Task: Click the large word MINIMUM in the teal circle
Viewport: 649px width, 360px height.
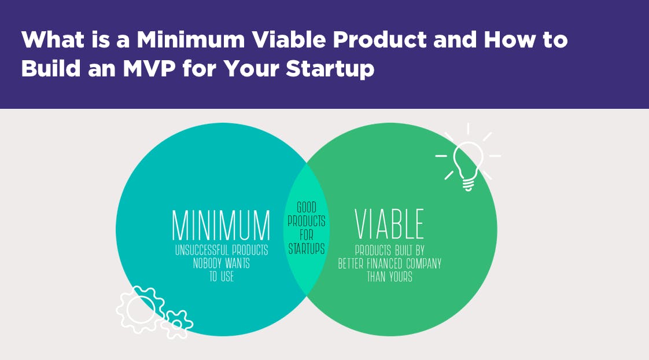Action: pos(221,225)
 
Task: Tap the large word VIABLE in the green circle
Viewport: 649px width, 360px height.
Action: pos(389,224)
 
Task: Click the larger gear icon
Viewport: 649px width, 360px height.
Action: pos(141,309)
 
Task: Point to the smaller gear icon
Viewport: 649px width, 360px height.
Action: pos(177,324)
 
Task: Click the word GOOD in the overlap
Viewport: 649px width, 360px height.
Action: pos(307,207)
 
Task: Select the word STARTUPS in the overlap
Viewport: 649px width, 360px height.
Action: pos(307,248)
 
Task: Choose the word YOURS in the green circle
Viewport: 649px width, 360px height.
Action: pos(401,277)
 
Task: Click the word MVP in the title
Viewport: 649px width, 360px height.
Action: pos(149,68)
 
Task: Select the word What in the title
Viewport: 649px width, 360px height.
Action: pos(53,40)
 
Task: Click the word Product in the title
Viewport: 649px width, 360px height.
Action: pos(380,40)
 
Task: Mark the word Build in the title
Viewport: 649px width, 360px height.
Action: pos(51,68)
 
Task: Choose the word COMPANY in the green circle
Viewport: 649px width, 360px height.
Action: pos(424,263)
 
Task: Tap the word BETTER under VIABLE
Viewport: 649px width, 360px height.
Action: pos(351,263)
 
